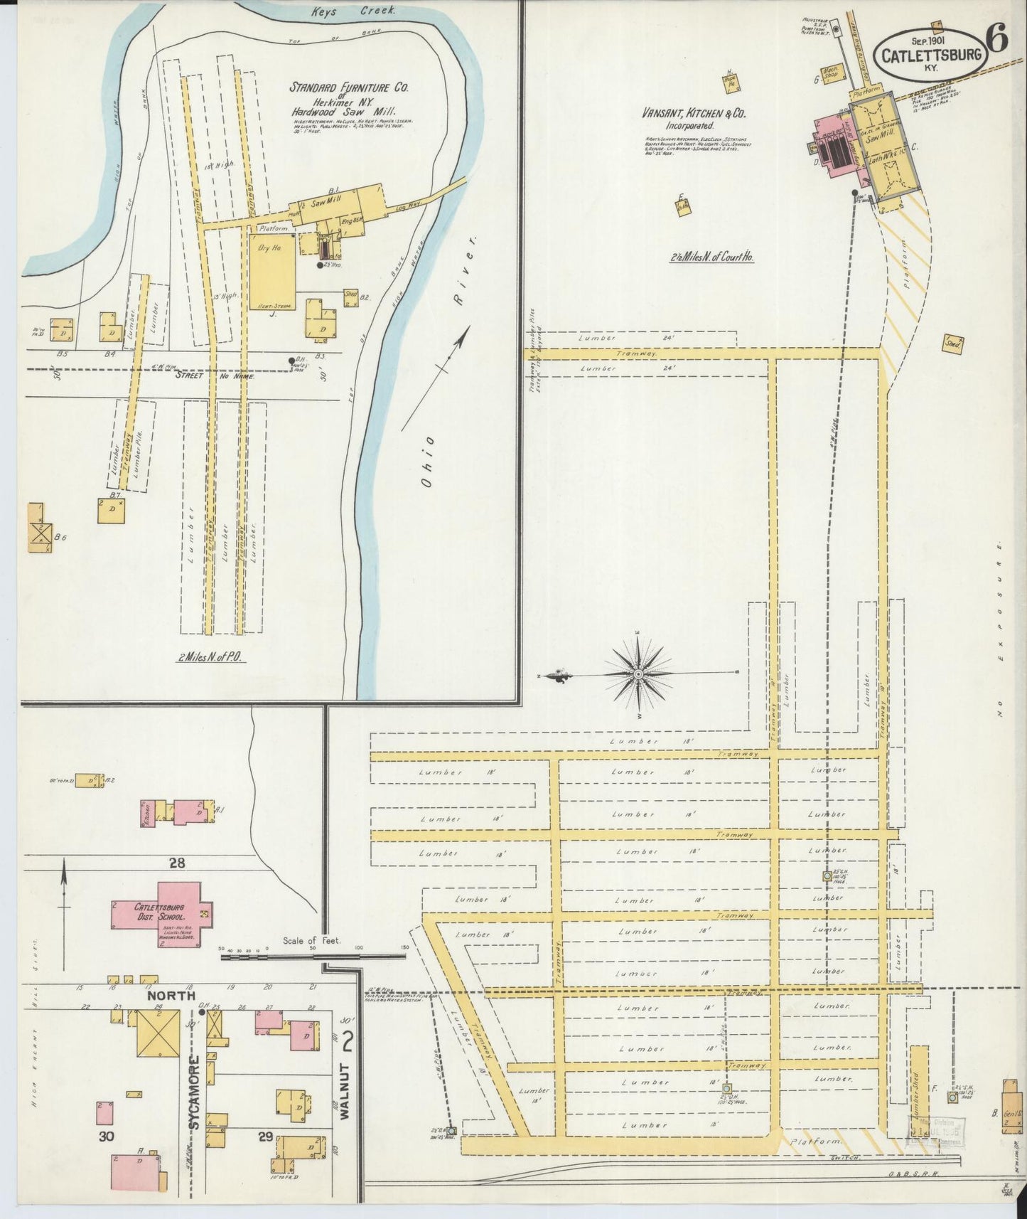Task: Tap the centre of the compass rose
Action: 638,674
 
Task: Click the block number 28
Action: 177,863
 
